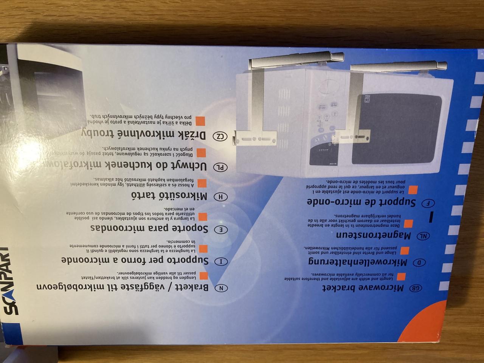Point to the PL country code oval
coord(220,167)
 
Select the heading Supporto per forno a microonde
coord(136,261)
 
